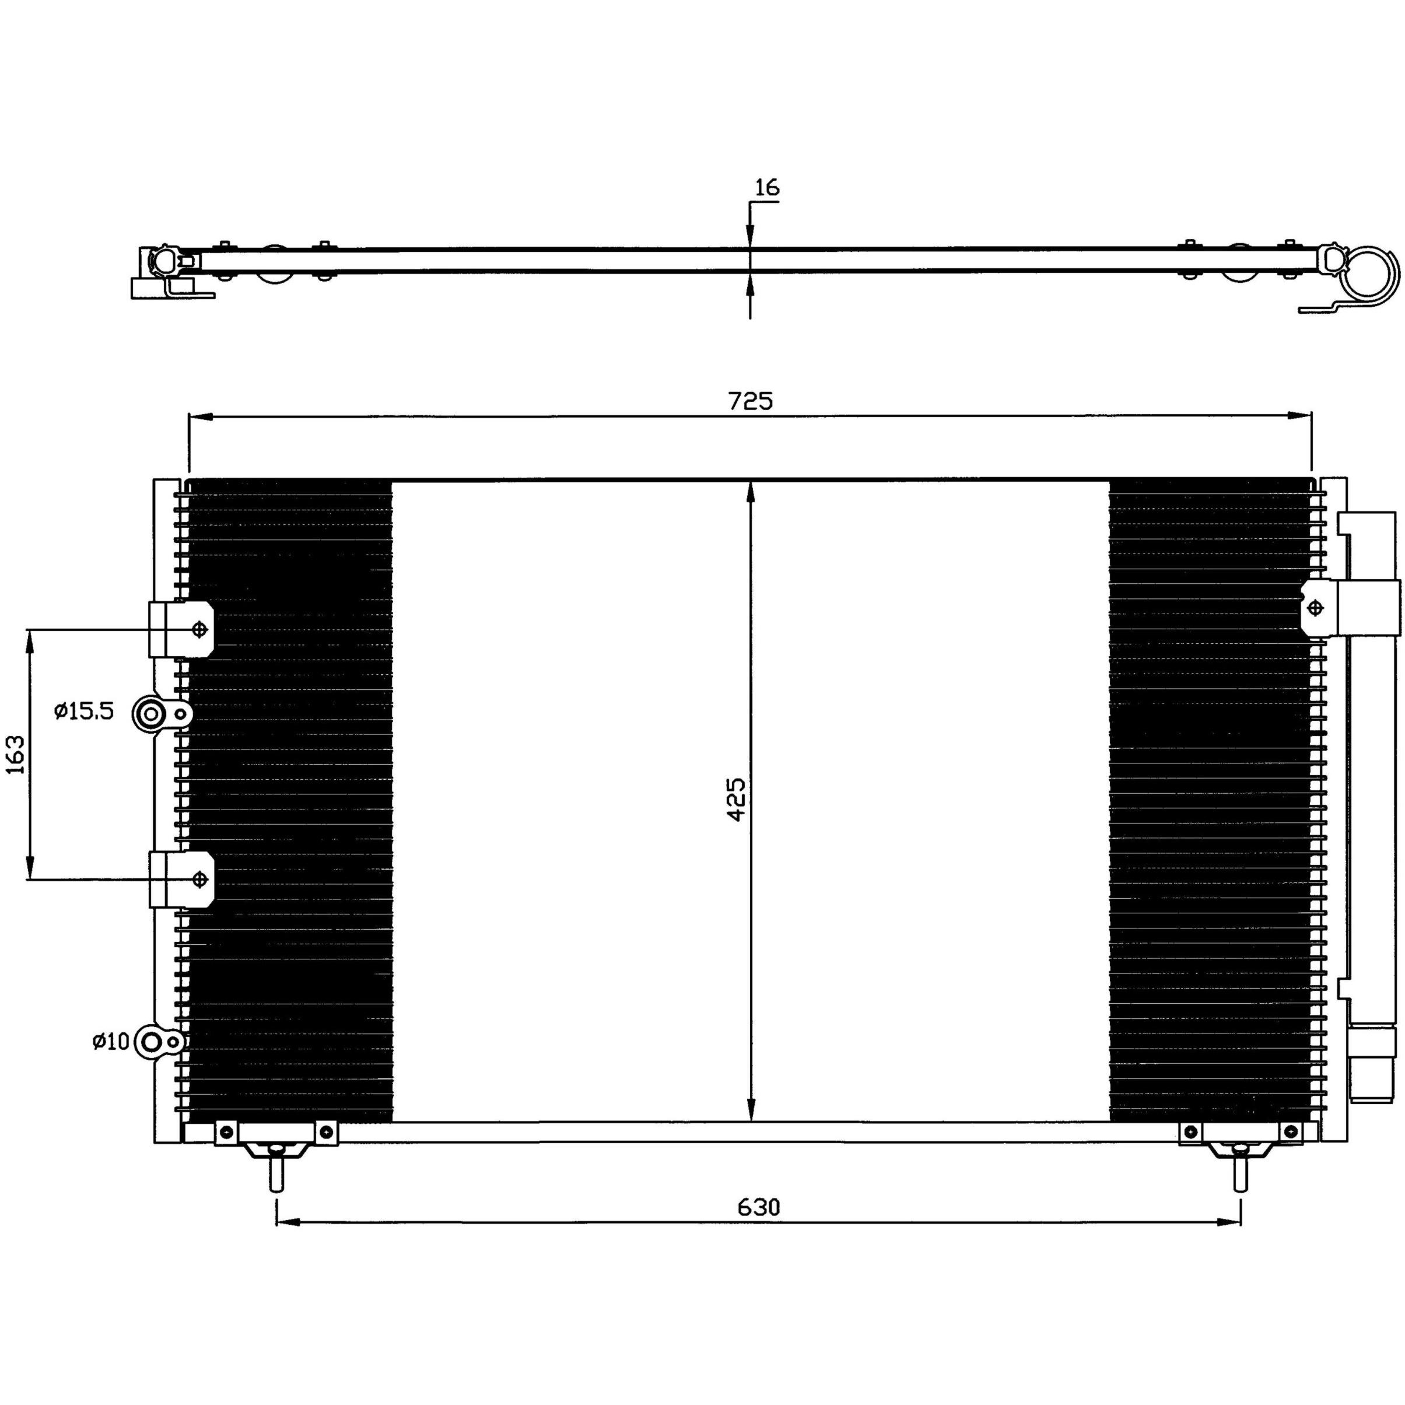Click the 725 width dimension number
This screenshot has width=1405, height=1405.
click(751, 401)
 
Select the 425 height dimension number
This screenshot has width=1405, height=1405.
click(737, 800)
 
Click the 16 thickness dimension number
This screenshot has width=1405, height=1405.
click(766, 188)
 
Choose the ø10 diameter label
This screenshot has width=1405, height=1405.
click(111, 1042)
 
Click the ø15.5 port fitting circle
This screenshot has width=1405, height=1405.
click(150, 714)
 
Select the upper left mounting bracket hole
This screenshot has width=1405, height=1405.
click(199, 629)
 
